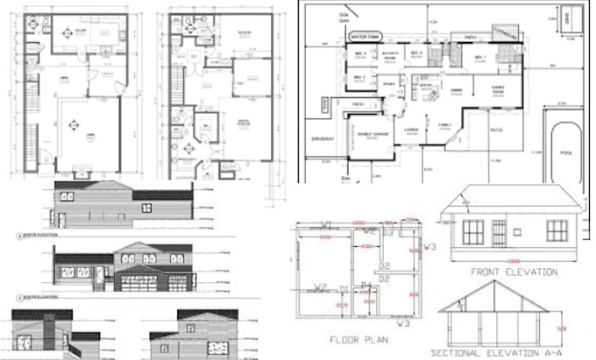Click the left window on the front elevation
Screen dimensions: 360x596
point(474,231)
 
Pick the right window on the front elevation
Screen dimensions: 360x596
point(557,230)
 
